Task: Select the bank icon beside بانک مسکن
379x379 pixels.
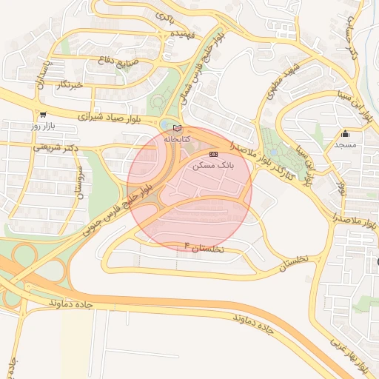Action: click(x=214, y=154)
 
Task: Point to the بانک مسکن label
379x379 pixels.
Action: click(x=213, y=165)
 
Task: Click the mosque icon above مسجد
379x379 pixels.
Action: click(x=345, y=134)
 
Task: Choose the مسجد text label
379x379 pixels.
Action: click(x=345, y=144)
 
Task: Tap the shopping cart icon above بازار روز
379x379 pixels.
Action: click(x=43, y=115)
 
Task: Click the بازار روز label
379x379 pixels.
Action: click(x=43, y=126)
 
